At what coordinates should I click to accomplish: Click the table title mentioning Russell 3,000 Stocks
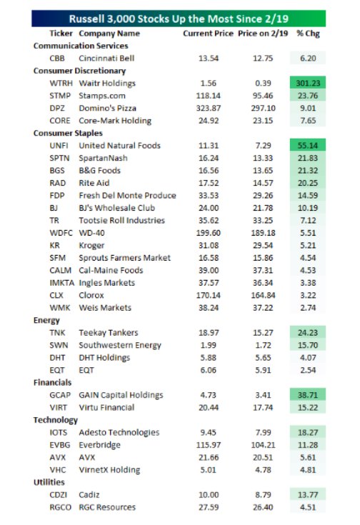tap(179, 19)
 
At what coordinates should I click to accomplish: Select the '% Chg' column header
tap(308, 34)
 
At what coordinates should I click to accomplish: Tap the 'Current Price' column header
tap(208, 34)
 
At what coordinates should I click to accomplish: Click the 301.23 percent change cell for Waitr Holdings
tap(308, 83)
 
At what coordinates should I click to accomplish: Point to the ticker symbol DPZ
tap(57, 108)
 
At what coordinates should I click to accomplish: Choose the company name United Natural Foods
tap(119, 146)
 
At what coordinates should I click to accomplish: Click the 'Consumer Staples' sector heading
tap(68, 134)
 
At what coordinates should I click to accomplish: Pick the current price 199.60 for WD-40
tap(209, 233)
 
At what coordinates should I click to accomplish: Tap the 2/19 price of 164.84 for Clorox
tap(264, 295)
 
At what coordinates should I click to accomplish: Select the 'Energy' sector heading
tap(46, 321)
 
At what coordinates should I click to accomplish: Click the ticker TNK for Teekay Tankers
tap(57, 333)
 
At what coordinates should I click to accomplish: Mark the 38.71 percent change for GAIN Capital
tap(308, 395)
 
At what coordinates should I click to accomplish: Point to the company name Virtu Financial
tap(106, 407)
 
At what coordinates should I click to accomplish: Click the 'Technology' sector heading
tap(56, 420)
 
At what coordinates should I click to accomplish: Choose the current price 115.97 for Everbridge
tap(209, 445)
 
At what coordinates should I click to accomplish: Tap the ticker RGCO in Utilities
tap(60, 507)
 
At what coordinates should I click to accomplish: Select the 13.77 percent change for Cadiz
tap(308, 495)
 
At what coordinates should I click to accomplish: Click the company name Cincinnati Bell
tap(106, 59)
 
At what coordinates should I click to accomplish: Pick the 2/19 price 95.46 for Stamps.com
tap(263, 96)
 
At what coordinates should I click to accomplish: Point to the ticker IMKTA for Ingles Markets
tap(61, 283)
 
